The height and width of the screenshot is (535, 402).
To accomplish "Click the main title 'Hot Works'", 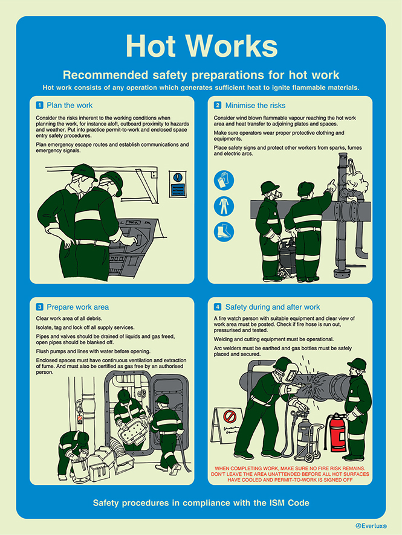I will click(x=201, y=46).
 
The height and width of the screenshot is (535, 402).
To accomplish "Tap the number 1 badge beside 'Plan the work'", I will click(x=39, y=105).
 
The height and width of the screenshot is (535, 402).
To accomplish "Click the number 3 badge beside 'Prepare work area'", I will click(x=39, y=307).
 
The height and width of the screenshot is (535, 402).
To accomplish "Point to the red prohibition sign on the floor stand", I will click(x=229, y=417).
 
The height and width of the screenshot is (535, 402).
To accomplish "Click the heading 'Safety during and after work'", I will click(x=272, y=307).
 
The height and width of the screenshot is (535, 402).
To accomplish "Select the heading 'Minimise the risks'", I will click(x=254, y=105).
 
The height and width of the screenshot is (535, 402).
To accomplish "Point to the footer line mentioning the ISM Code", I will click(x=201, y=502).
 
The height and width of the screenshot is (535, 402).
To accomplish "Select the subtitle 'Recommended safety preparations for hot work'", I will click(x=201, y=75).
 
